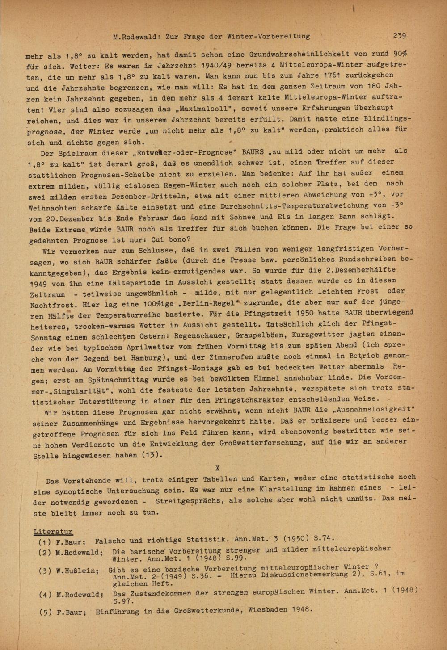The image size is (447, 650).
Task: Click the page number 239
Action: click(x=399, y=35)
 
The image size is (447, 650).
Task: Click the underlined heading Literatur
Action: click(x=53, y=531)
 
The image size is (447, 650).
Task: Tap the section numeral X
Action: click(x=218, y=468)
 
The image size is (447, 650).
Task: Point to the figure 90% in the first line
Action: click(x=401, y=54)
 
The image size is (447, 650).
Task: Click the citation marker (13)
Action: click(x=151, y=456)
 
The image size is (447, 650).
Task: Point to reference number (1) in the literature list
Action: click(x=45, y=542)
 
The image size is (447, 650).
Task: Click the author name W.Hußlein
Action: click(x=80, y=571)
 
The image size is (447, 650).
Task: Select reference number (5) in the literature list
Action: click(x=45, y=612)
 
